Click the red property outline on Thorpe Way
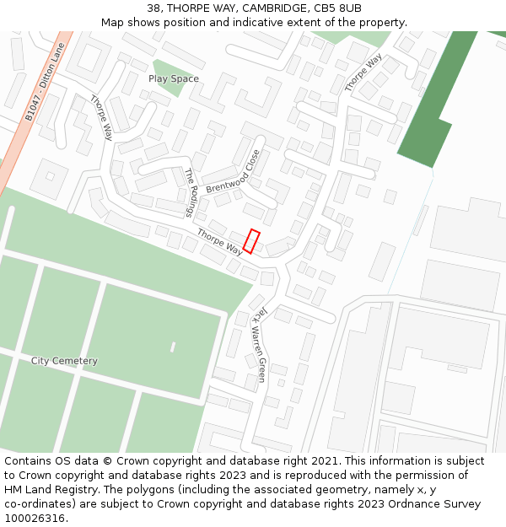(x=251, y=241)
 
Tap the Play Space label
(x=174, y=79)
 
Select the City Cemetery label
(x=64, y=361)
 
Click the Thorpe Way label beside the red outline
(x=219, y=242)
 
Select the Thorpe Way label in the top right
(x=363, y=73)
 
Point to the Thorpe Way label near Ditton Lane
(x=101, y=116)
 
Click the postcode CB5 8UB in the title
(x=337, y=8)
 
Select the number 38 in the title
(x=153, y=8)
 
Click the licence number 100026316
(x=35, y=519)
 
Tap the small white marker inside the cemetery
(x=173, y=347)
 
